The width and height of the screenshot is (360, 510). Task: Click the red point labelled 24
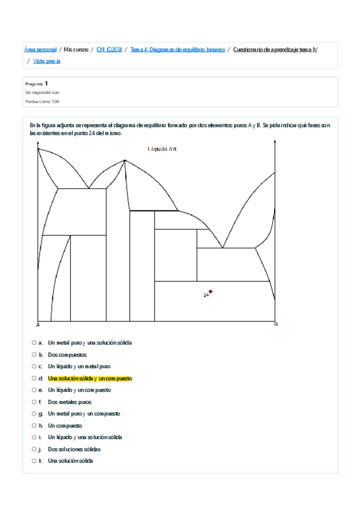tap(210, 292)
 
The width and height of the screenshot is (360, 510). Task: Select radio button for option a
tap(34, 343)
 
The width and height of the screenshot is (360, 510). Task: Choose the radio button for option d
tap(34, 378)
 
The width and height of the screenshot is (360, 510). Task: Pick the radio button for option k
tap(34, 461)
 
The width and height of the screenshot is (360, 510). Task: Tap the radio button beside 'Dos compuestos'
tap(34, 355)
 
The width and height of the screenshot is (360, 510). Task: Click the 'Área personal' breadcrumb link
tap(40, 49)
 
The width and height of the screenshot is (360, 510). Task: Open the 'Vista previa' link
tap(47, 61)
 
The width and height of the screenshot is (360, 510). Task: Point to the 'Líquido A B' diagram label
tap(162, 149)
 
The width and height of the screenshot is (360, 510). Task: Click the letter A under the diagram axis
tap(38, 325)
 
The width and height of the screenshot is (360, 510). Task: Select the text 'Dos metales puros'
tap(70, 402)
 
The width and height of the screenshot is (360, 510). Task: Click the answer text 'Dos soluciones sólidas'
tap(74, 449)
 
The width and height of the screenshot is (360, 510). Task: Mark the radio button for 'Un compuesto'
tap(34, 426)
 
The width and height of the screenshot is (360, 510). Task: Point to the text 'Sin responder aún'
tap(42, 93)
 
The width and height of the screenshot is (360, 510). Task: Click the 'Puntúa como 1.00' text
tap(42, 102)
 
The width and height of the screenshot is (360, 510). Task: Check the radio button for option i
tap(34, 437)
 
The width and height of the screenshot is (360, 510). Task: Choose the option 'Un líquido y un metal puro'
tap(79, 366)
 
